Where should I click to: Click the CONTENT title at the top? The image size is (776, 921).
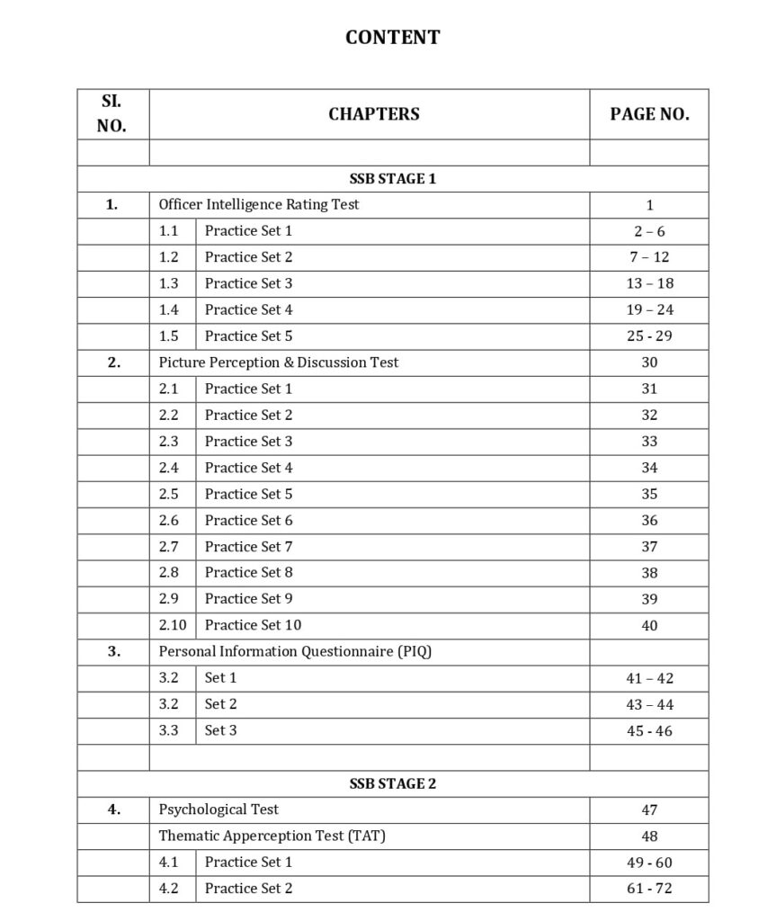click(393, 38)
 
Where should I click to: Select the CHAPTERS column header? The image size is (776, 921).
click(373, 114)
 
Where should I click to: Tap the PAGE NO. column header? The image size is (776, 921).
click(649, 114)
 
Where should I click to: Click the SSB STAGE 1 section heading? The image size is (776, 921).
click(393, 179)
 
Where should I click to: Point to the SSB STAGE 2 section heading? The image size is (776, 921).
click(393, 783)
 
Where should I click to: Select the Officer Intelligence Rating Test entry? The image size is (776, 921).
click(259, 204)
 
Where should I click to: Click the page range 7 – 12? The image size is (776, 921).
click(649, 257)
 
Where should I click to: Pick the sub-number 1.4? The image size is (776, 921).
click(169, 309)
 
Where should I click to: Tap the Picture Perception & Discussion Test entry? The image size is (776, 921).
click(279, 362)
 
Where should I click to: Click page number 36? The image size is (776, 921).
click(649, 520)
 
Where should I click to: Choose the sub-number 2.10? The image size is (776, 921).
click(173, 625)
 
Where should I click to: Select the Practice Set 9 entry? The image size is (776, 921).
click(248, 598)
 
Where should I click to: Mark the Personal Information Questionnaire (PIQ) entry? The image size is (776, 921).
click(295, 651)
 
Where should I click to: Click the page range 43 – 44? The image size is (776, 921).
click(649, 704)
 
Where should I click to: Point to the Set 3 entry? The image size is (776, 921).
click(221, 730)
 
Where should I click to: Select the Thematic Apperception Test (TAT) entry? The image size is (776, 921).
click(272, 836)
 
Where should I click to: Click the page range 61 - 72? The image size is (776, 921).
click(649, 889)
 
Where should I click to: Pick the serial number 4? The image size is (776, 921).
click(114, 809)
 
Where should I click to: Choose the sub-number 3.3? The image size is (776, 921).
click(169, 730)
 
